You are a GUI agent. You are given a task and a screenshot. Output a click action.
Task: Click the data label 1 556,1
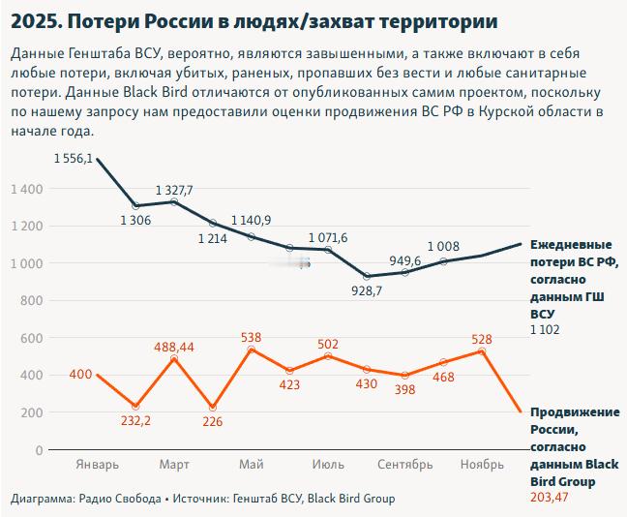click(75, 159)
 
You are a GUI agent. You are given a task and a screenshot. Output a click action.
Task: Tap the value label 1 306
click(136, 221)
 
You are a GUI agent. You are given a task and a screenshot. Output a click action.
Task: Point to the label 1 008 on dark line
click(443, 246)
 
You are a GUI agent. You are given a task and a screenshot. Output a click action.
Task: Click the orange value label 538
click(251, 337)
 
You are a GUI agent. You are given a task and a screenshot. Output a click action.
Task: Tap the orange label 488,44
click(174, 346)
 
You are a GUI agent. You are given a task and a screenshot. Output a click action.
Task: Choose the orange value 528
click(482, 339)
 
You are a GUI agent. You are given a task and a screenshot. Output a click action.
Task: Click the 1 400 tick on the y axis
click(26, 189)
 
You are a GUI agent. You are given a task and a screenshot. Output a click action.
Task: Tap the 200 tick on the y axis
click(32, 412)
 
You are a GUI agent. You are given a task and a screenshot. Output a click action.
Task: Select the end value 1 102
click(545, 330)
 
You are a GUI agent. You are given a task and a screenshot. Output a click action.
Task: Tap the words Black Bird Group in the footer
click(351, 499)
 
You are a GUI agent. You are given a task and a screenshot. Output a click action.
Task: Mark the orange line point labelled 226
click(213, 408)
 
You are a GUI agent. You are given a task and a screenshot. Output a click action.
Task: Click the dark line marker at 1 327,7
click(174, 201)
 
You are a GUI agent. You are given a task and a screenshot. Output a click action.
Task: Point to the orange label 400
click(79, 375)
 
